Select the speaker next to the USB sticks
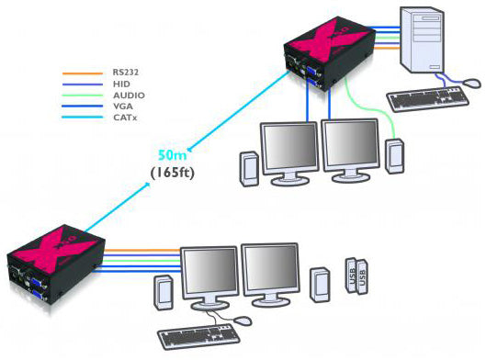pos(319,282)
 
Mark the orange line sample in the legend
pos(77,70)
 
